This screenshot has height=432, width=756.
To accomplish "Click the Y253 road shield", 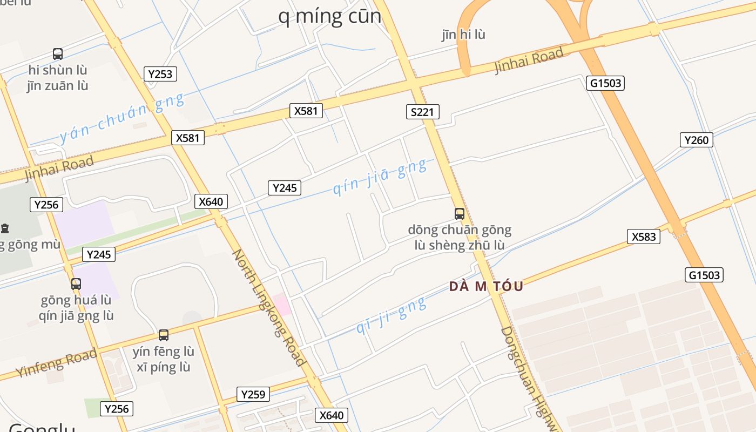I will [x=160, y=74].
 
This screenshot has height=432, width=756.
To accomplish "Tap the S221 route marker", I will [x=422, y=112].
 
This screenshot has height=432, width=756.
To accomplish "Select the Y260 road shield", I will [x=696, y=140].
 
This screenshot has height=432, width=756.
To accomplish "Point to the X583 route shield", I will [x=643, y=237].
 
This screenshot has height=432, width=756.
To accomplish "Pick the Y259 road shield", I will [x=253, y=395].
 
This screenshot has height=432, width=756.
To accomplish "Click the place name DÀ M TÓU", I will [x=486, y=287].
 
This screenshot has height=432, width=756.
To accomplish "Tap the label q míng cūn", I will [x=329, y=16].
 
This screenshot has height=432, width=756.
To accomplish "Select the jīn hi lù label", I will [x=463, y=35].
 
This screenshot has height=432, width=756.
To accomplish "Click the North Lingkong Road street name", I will [x=269, y=308].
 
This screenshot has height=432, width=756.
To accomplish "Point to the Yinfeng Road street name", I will [x=56, y=363].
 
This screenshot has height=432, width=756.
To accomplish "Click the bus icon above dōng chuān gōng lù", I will [x=459, y=214].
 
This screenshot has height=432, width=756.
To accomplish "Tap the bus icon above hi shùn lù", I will [x=58, y=54].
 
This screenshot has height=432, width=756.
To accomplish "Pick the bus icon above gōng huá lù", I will [x=76, y=284].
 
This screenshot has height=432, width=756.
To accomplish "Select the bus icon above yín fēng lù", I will [x=163, y=335].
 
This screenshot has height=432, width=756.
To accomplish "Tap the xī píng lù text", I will [x=163, y=368].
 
